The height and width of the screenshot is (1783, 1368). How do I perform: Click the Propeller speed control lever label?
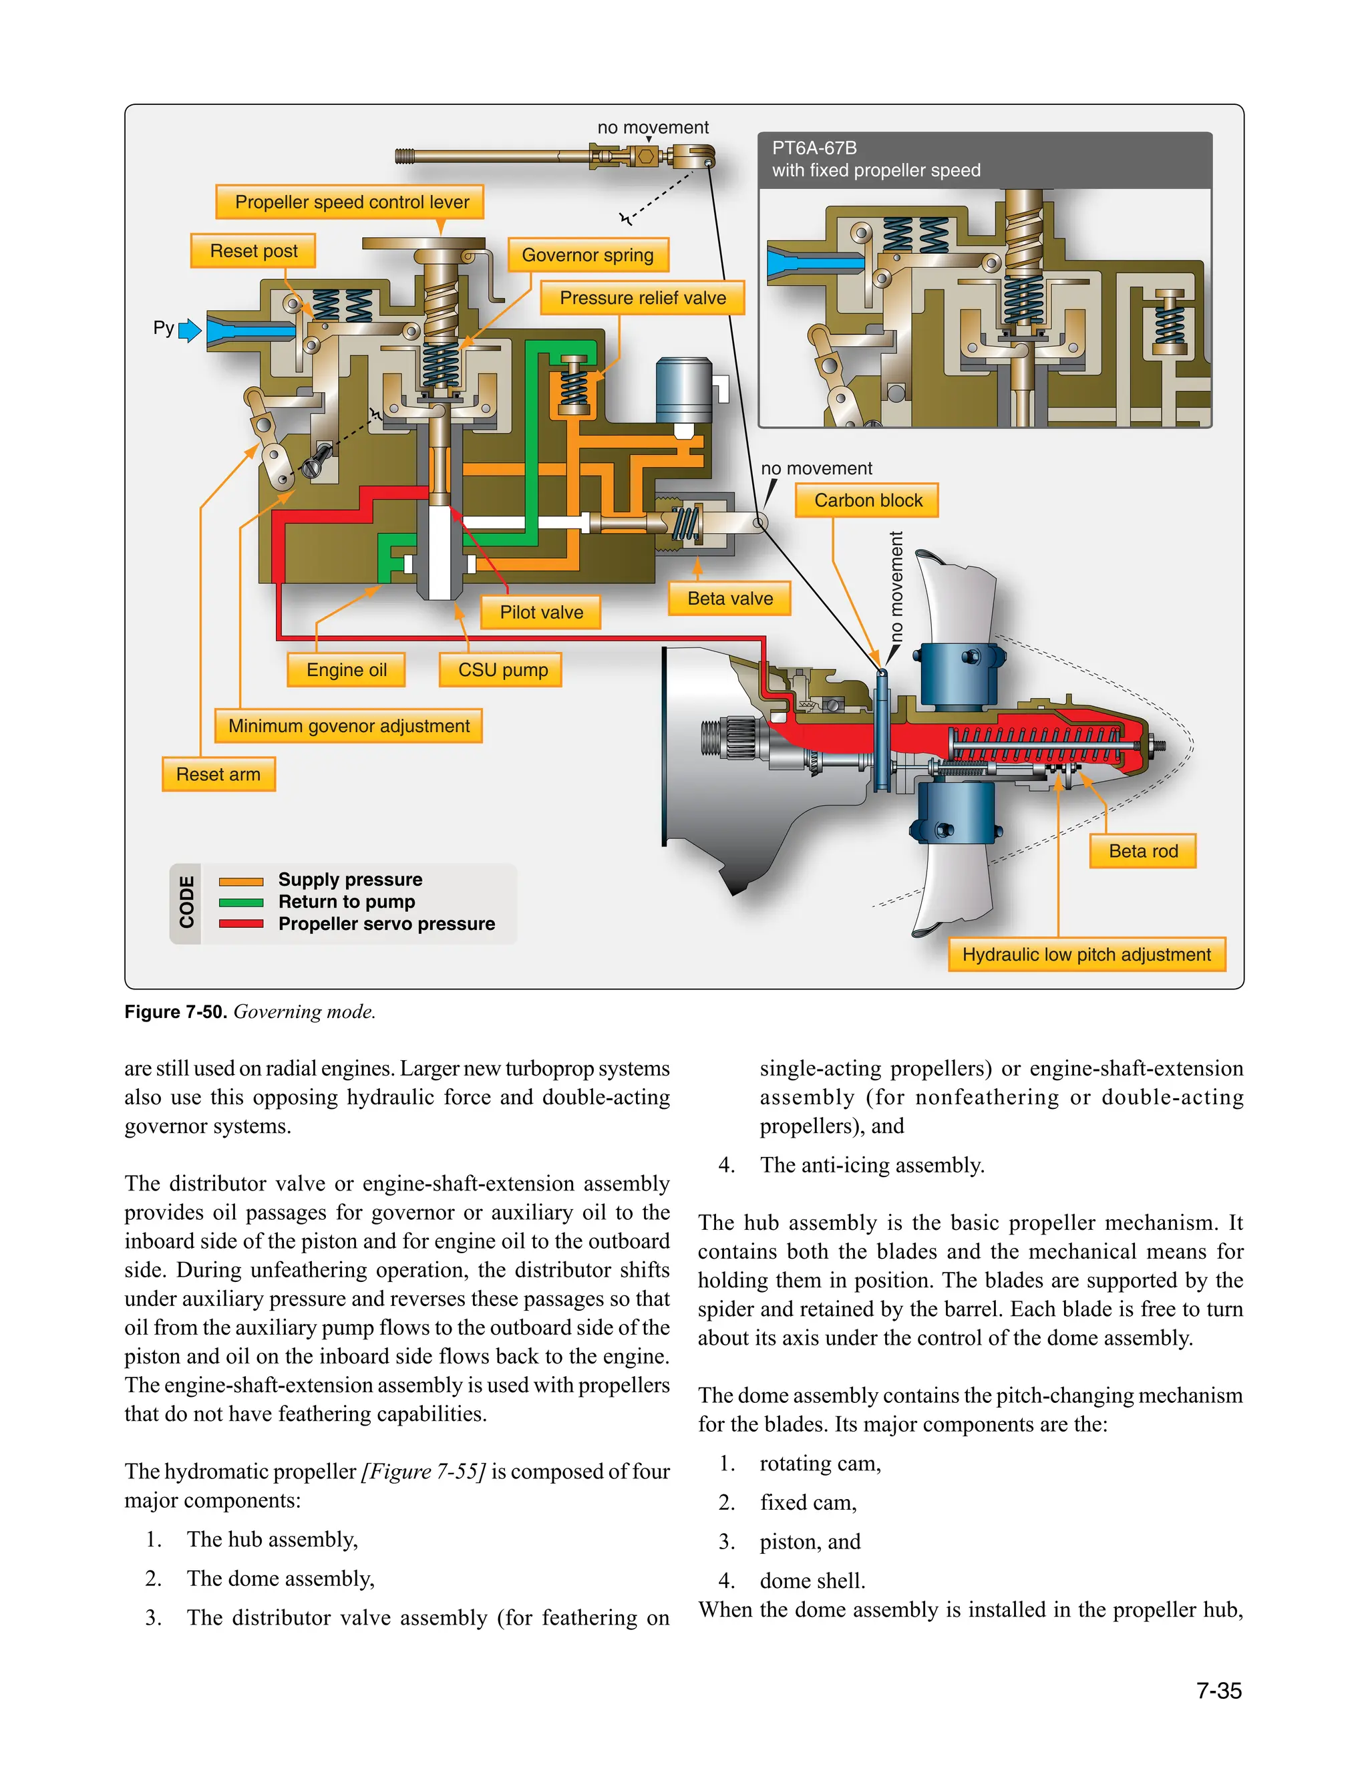click(352, 202)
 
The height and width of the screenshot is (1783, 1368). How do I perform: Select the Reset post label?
click(253, 251)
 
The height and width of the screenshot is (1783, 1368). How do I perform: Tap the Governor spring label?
click(587, 255)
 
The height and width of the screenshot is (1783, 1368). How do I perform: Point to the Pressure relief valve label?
click(643, 298)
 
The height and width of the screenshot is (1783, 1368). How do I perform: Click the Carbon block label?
click(868, 500)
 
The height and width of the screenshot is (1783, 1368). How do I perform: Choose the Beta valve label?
click(729, 599)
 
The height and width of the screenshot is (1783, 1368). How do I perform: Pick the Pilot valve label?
click(540, 612)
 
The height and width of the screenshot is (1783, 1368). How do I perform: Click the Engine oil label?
click(346, 670)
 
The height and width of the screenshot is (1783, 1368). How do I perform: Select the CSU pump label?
click(502, 670)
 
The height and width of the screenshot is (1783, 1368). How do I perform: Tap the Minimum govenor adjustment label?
click(349, 725)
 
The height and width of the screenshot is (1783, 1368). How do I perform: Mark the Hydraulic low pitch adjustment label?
click(1086, 954)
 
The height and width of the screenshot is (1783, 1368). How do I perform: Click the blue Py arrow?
click(190, 330)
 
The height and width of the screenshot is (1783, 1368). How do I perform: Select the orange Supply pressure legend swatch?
click(241, 881)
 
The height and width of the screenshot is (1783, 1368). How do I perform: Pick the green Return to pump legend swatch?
click(241, 902)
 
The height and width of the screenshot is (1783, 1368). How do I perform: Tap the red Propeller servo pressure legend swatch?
click(241, 924)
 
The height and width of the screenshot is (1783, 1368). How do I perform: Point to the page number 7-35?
click(1219, 1691)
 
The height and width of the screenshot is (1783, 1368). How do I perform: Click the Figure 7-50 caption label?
click(175, 1012)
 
